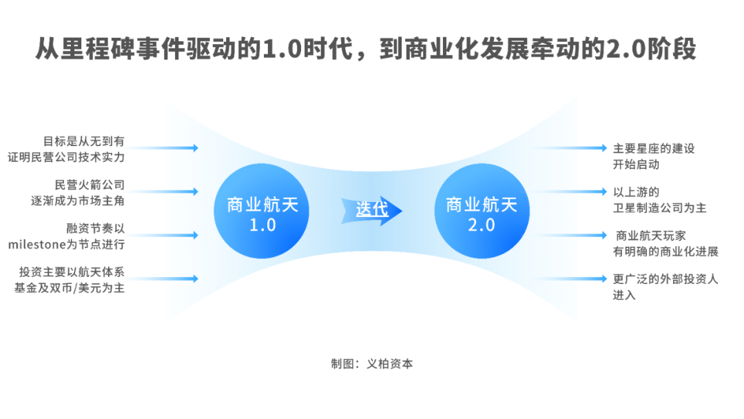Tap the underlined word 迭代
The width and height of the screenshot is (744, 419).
[372, 209]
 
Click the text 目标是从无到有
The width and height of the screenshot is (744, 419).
[84, 141]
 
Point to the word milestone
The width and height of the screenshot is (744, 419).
[35, 244]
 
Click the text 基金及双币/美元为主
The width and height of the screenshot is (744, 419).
[70, 288]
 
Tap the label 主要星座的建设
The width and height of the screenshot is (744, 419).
[654, 149]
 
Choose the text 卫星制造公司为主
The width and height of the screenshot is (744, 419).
[659, 207]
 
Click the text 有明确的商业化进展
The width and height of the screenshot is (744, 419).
[665, 252]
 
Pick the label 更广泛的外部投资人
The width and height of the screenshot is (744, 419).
[665, 279]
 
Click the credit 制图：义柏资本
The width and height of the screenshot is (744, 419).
[372, 364]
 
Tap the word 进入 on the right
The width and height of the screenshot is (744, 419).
[624, 296]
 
